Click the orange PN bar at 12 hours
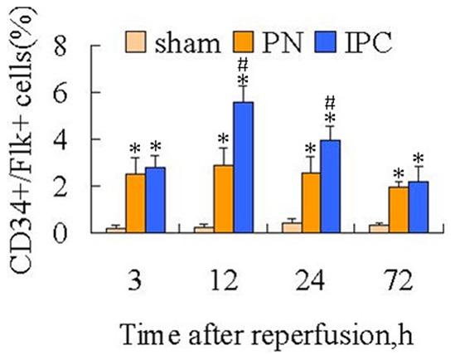(223, 198)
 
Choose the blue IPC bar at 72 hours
(419, 207)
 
